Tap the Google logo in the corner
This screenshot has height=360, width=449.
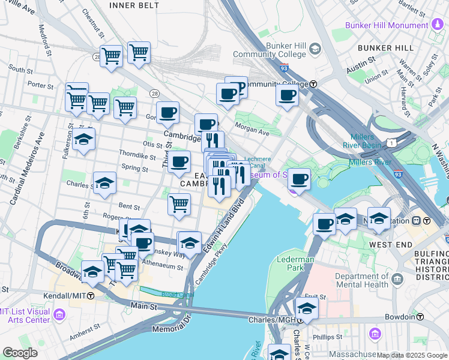coord(20,353)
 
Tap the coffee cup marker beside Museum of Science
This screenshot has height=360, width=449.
coord(298,178)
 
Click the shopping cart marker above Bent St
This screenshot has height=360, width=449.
coord(179,205)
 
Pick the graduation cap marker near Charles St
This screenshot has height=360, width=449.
coord(104,183)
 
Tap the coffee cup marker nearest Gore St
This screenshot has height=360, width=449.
coord(167,112)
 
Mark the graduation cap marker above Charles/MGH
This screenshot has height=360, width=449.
coord(306,308)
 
